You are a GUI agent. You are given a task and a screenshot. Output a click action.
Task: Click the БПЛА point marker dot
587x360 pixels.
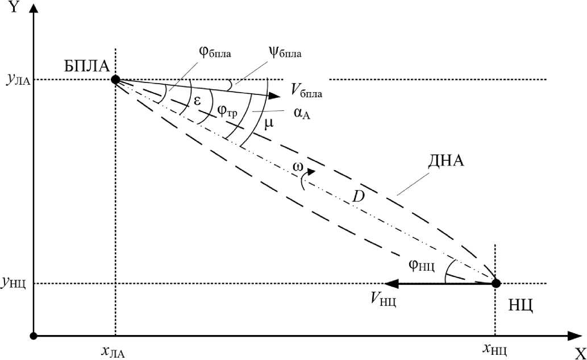115,80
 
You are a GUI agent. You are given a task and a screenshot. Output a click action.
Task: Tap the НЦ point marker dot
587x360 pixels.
496,283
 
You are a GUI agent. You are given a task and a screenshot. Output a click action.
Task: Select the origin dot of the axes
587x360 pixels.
34,336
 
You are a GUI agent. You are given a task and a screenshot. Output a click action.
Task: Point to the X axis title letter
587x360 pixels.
579,351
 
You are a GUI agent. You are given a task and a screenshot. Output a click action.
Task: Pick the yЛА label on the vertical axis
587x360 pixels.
17,80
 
